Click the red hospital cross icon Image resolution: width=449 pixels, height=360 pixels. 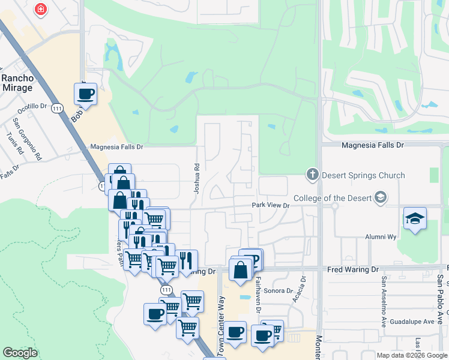[x=40, y=10]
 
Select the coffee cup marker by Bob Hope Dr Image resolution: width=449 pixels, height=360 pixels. [x=85, y=94]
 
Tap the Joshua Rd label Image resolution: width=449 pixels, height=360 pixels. [x=196, y=178]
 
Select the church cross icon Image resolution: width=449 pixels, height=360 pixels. [x=312, y=175]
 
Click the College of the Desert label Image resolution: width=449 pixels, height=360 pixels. [x=331, y=198]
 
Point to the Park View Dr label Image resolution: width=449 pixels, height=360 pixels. [x=270, y=205]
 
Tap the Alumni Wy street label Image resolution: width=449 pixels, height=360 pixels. [x=381, y=237]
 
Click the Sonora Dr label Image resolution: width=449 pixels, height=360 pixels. [x=277, y=290]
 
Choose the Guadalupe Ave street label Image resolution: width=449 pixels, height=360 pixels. [x=412, y=322]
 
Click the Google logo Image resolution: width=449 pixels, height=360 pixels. [x=20, y=353]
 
